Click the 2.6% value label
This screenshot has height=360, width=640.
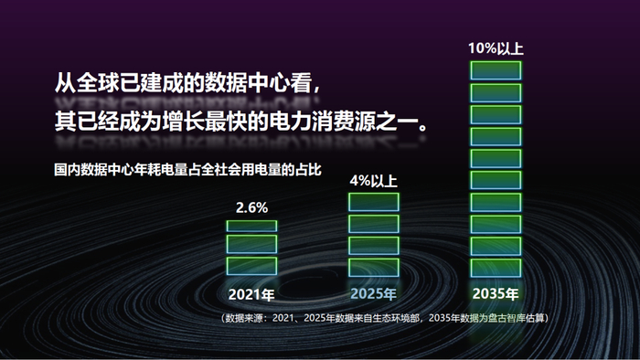point(251,207)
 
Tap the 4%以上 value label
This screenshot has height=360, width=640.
point(373,181)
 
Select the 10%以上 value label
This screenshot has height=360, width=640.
point(495,48)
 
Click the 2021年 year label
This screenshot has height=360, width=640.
point(251,294)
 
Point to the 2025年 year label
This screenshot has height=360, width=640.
point(373,294)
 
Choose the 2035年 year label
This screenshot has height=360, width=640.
point(495,294)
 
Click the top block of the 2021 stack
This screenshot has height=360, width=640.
point(251,225)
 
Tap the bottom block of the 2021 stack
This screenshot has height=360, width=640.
point(251,266)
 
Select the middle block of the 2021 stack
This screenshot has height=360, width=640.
point(251,245)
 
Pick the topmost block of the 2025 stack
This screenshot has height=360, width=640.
point(373,202)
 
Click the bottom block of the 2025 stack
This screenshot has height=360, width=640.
point(373,267)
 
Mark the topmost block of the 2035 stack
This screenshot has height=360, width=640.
point(495,70)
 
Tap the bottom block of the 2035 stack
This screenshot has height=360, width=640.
point(495,267)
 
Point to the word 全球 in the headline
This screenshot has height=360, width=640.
point(95,82)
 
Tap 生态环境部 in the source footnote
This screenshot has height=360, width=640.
point(397,318)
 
